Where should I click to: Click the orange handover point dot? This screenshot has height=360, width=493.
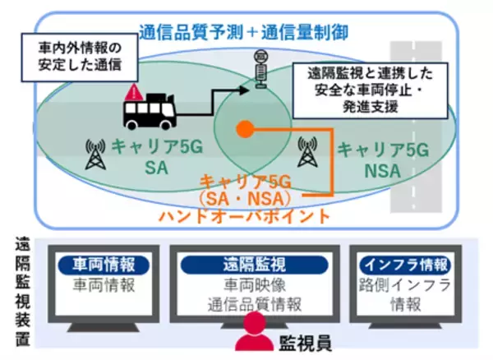pos(243,129)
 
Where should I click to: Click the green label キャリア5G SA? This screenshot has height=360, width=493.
pos(153,159)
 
